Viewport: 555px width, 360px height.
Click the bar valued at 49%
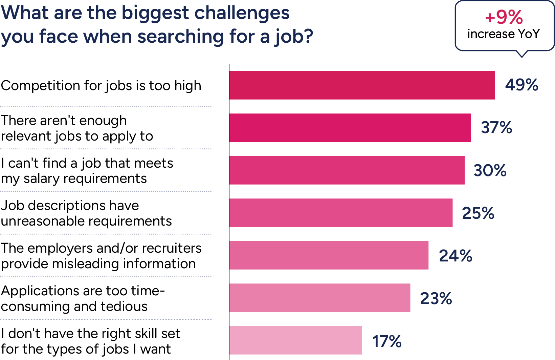pos(362,85)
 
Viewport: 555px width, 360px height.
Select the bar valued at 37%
pos(350,128)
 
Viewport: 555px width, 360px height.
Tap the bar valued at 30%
pos(347,170)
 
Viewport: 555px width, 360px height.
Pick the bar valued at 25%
pos(341,213)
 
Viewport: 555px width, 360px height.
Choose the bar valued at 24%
pos(329,255)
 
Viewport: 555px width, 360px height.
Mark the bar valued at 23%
pos(320,298)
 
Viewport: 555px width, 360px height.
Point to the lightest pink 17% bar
pos(295,340)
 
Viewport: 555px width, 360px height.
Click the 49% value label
pos(521,85)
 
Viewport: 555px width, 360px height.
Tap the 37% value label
pos(496,128)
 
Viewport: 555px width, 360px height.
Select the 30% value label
pos(490,170)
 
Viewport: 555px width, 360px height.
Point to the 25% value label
pos(478,213)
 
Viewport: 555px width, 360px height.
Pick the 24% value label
pos(456,256)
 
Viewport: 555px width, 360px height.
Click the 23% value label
pos(436,298)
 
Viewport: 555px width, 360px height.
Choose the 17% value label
pos(387,341)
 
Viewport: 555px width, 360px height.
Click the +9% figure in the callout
pos(504,17)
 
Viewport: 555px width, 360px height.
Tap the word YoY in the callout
pos(529,34)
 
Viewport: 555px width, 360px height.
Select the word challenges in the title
pos(242,14)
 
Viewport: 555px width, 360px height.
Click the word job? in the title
pos(293,37)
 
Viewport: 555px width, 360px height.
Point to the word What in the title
pos(25,13)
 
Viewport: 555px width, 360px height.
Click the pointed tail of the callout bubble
pos(522,54)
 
